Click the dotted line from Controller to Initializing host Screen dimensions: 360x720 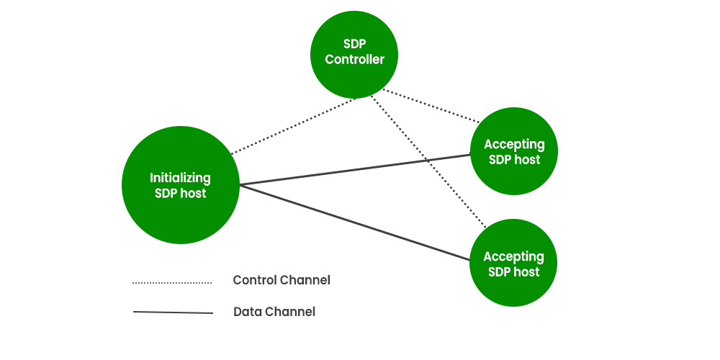tap(292, 127)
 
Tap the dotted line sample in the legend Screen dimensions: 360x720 tap(171, 283)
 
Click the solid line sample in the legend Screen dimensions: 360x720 tap(173, 312)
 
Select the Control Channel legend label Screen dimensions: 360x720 tap(282, 280)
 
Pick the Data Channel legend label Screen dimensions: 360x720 tap(274, 312)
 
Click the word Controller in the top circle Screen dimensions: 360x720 tap(354, 60)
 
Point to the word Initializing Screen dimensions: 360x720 tap(180, 178)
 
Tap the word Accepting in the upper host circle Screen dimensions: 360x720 tap(514, 145)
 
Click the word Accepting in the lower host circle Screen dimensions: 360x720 tap(513, 256)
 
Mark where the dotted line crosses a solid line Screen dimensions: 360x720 tap(426, 159)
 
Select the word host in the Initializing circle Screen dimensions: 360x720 tap(193, 194)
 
